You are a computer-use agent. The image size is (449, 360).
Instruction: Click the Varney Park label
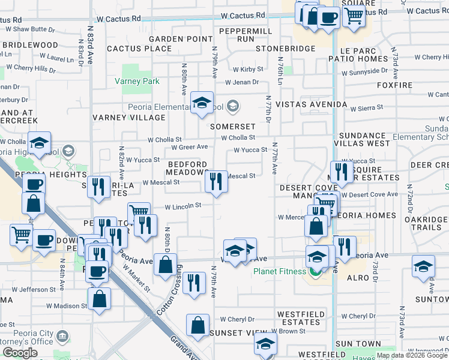click(x=137, y=81)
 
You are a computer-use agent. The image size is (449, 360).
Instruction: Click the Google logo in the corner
click(x=20, y=353)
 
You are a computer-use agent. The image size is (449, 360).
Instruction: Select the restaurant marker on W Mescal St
click(x=216, y=181)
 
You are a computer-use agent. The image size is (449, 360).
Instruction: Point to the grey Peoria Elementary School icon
click(x=233, y=107)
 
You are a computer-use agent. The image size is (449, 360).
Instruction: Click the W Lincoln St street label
click(x=182, y=206)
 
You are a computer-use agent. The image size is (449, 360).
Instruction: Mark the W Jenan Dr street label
click(x=242, y=82)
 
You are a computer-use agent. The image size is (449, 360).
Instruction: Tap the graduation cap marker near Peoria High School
click(x=39, y=143)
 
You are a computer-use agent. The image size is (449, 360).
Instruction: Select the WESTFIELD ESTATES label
click(x=301, y=318)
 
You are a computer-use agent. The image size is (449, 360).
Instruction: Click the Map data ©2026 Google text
click(x=411, y=355)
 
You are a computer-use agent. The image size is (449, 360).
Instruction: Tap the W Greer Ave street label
click(x=189, y=147)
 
